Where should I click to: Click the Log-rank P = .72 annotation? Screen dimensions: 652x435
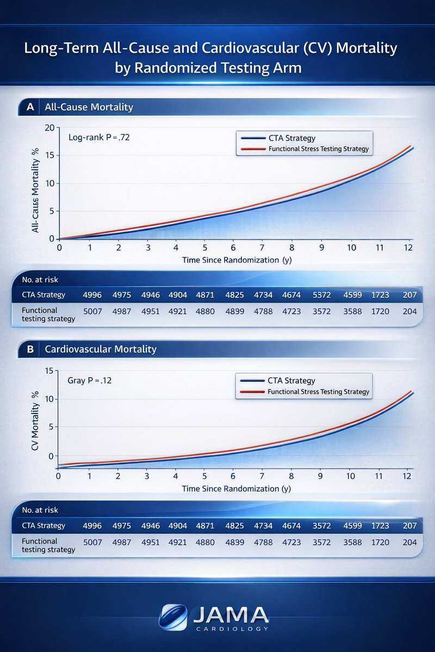(x=99, y=137)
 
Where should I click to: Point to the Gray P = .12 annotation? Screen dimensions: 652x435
(x=89, y=380)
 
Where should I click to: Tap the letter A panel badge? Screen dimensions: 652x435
(x=29, y=107)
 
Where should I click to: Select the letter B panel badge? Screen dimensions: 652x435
(x=29, y=349)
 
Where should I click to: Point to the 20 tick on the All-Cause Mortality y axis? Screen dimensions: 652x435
(x=51, y=128)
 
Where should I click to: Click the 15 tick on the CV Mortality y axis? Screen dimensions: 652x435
(x=51, y=371)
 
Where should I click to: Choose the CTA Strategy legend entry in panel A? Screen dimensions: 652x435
(x=291, y=138)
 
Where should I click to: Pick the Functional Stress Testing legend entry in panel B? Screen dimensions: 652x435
(x=318, y=391)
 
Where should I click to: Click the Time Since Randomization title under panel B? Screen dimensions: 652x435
(x=237, y=488)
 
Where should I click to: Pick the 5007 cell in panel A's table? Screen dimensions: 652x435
(x=92, y=311)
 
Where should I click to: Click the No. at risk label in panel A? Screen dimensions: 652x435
(x=40, y=280)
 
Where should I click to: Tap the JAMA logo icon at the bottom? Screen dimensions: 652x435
(x=173, y=617)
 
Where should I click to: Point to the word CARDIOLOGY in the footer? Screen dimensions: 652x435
(x=231, y=629)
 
